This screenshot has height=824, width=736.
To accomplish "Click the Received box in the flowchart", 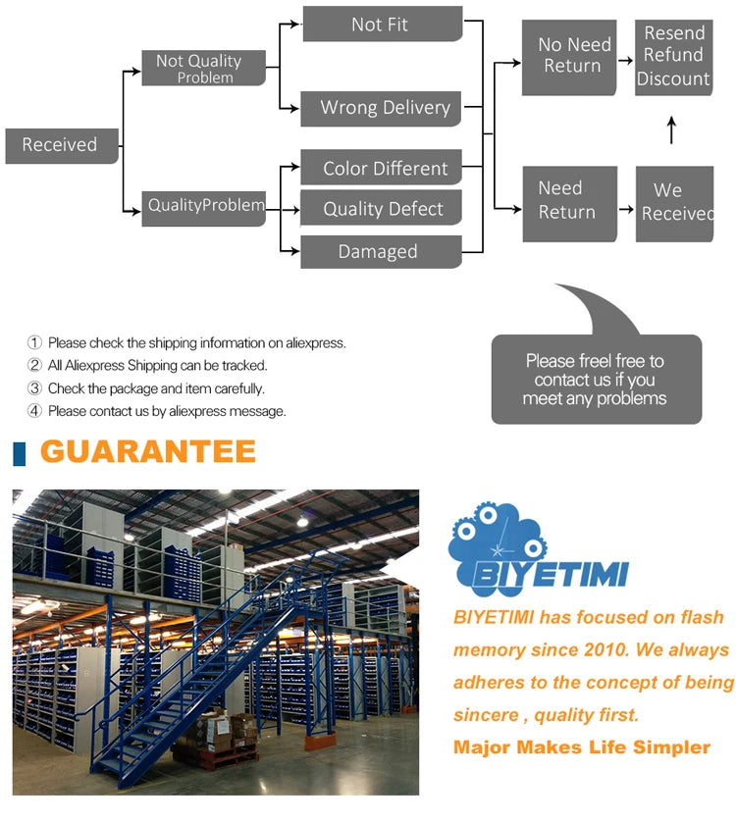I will pyautogui.click(x=61, y=145).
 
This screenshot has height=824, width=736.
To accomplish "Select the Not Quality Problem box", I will pyautogui.click(x=203, y=68).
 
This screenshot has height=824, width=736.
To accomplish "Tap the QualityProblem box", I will pyautogui.click(x=203, y=207).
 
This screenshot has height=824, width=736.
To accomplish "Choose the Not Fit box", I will pyautogui.click(x=382, y=25).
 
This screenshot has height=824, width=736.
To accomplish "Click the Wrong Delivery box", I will pyautogui.click(x=382, y=108).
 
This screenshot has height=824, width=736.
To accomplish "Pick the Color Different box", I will pyautogui.click(x=382, y=169).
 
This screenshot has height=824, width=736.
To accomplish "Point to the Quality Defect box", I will pyautogui.click(x=382, y=209).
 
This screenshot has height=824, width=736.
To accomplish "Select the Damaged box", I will pyautogui.click(x=380, y=252).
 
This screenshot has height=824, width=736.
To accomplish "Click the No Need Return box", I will pyautogui.click(x=569, y=57).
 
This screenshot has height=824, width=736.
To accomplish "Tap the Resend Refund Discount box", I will pyautogui.click(x=673, y=57).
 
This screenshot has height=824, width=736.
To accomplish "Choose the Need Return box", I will pyautogui.click(x=569, y=202).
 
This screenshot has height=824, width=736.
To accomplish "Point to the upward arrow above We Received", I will pyautogui.click(x=672, y=129).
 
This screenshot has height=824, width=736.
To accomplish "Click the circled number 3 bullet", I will pyautogui.click(x=35, y=388).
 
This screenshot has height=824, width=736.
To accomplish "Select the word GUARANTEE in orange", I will pyautogui.click(x=148, y=452).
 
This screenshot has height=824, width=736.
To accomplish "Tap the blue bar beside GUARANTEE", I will pyautogui.click(x=19, y=453).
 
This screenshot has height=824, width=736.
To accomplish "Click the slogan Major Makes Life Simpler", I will pyautogui.click(x=581, y=747).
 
